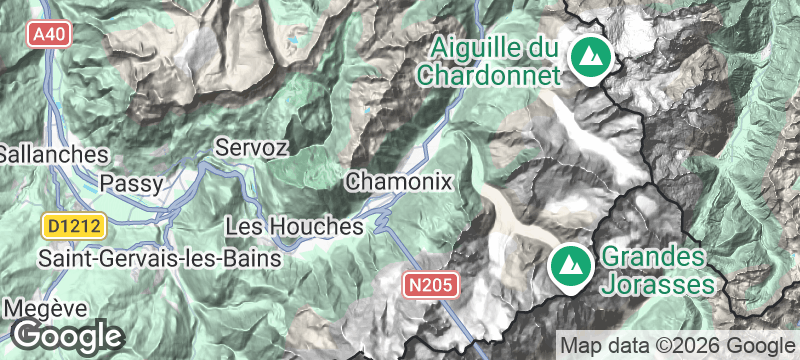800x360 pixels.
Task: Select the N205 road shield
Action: click(x=431, y=285)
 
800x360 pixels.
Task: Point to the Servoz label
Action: click(x=252, y=147)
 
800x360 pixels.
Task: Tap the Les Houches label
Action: click(x=293, y=227)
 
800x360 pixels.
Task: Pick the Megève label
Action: click(x=45, y=307)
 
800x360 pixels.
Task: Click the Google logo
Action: click(x=67, y=335)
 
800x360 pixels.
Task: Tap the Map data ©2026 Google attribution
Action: click(x=675, y=344)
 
